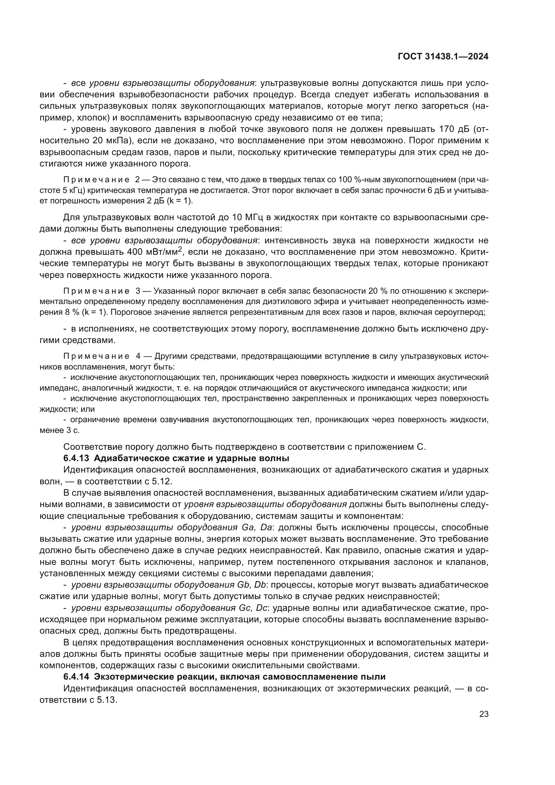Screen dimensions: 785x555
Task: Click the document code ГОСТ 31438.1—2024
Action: point(443,57)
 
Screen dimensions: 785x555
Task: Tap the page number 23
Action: point(484,714)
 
